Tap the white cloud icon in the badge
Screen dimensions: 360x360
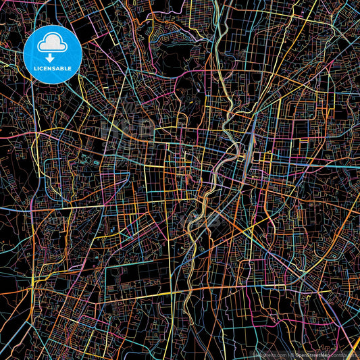53,45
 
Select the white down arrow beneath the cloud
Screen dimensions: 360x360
53,57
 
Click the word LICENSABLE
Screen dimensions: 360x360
53,69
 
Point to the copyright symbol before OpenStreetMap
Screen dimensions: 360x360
288,353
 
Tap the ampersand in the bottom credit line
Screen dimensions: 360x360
284,353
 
